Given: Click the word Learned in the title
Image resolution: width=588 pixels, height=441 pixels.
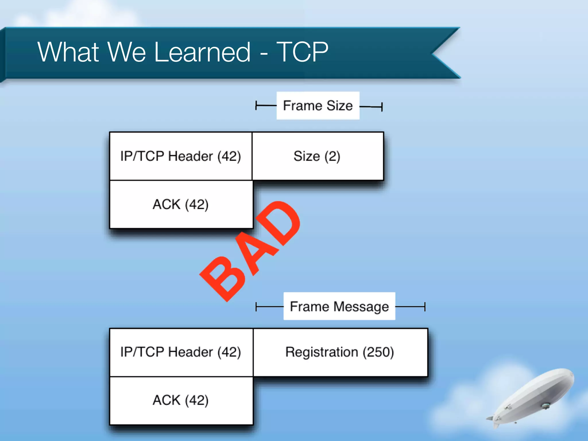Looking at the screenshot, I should (202, 52).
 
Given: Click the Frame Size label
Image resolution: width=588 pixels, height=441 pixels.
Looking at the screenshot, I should (318, 106).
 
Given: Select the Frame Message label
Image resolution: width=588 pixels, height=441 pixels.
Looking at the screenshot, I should (339, 306).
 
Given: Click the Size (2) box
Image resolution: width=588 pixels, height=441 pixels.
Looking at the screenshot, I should (318, 156).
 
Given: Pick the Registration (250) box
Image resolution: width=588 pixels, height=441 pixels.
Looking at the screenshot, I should (340, 352).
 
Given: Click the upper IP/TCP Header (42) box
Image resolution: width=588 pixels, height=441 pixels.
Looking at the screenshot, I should (181, 156).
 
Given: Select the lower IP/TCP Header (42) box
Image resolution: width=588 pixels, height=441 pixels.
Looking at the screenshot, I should (181, 352).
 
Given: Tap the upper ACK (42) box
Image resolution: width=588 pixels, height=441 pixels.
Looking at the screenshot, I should (181, 204).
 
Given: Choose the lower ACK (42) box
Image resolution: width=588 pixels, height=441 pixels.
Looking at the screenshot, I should (181, 400).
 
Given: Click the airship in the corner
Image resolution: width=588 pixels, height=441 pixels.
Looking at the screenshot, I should (534, 396).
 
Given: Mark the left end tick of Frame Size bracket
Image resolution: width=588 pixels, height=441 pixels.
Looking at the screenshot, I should (256, 106).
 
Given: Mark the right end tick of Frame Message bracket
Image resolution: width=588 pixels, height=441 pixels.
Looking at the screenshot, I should (425, 307).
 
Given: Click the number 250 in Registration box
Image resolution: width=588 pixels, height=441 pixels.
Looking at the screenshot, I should (378, 352).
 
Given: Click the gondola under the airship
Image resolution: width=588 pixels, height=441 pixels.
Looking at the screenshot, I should (545, 406).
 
